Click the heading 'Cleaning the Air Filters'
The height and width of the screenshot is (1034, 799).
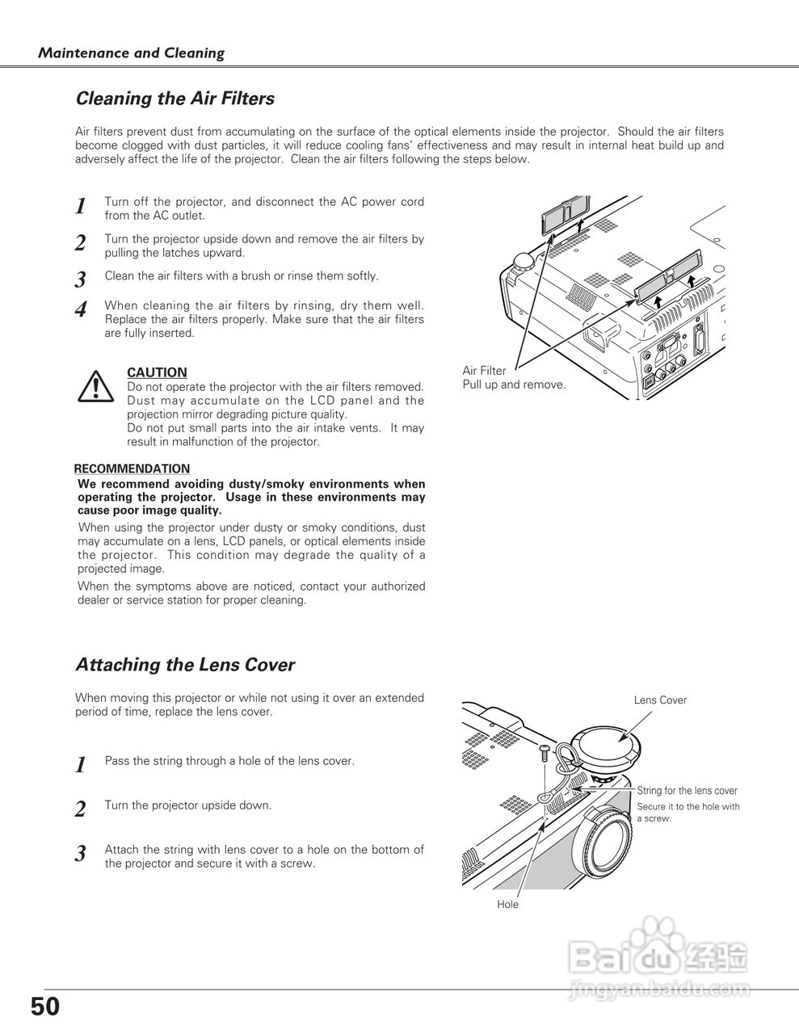[x=175, y=99]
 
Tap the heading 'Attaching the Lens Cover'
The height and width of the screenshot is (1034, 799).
[x=184, y=665]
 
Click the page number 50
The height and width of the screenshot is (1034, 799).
[x=45, y=1007]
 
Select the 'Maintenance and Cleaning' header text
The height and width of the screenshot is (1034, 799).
[x=132, y=53]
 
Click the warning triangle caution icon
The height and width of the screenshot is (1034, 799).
[x=95, y=386]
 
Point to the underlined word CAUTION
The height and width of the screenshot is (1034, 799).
[x=157, y=372]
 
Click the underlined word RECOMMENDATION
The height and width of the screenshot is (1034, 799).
[x=132, y=469]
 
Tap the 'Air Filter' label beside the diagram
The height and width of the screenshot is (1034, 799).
[x=484, y=371]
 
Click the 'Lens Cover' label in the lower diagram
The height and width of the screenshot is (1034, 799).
[x=660, y=700]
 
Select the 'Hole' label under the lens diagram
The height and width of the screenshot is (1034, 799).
[x=507, y=904]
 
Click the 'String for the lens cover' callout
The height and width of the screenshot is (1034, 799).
[x=687, y=791]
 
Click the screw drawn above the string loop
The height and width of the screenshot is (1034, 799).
[x=545, y=753]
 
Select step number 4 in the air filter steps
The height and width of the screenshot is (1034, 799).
[x=81, y=310]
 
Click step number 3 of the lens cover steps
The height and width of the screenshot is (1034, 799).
[x=81, y=854]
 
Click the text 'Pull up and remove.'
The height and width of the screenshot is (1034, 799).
[x=514, y=385]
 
